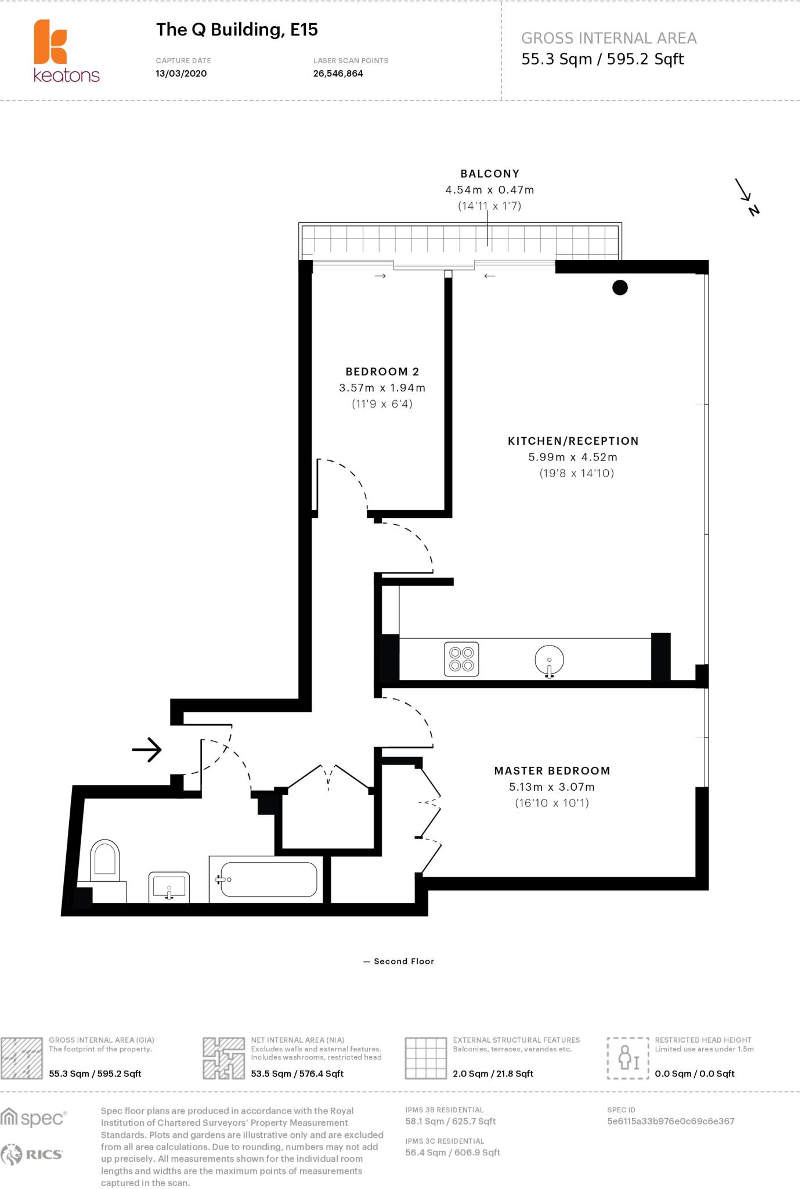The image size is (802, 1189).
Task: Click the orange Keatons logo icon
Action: click(x=50, y=42)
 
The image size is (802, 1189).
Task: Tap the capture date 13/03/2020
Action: click(x=181, y=74)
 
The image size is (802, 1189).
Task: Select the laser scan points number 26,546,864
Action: click(x=338, y=74)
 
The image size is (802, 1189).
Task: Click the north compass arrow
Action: click(x=746, y=196)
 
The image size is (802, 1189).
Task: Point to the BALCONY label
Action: click(x=490, y=174)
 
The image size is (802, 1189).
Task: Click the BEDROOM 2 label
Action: click(x=382, y=372)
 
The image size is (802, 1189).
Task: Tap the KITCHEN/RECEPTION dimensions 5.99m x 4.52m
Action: click(x=572, y=457)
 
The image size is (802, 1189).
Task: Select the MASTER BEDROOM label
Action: click(x=552, y=771)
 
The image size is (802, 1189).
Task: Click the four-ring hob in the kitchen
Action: click(x=461, y=659)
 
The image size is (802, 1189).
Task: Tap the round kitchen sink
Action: click(x=549, y=660)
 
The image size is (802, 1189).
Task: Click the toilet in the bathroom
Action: click(x=105, y=862)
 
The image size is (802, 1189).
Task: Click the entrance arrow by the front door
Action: click(x=147, y=750)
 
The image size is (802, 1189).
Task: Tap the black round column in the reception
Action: click(x=620, y=287)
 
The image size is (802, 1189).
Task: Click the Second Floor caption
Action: click(x=403, y=961)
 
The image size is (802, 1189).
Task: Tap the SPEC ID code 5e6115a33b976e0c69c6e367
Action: click(x=670, y=1121)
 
